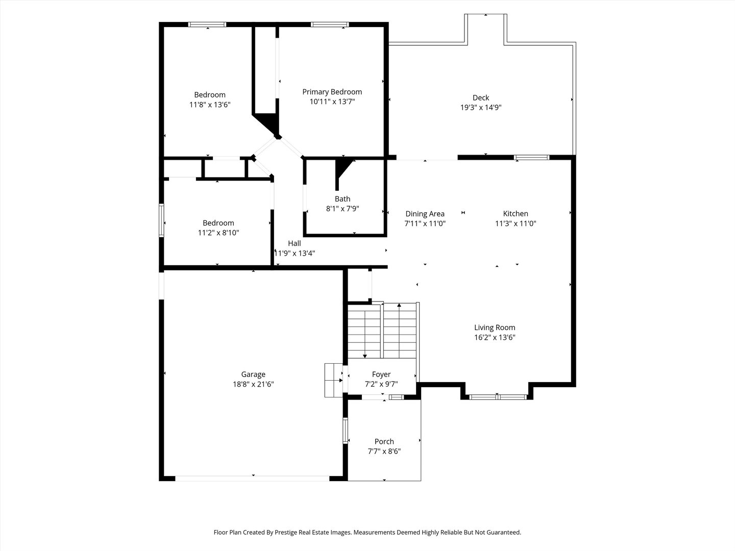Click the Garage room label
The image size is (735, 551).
coord(253,374)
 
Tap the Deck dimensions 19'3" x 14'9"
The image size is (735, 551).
coord(481,107)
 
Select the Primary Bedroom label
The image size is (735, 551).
coord(332,92)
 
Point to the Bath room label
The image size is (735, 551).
coord(342,199)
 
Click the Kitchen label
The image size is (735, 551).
coord(516,214)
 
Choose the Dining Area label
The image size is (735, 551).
coord(425,214)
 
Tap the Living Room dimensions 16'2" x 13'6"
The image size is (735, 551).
coord(495,337)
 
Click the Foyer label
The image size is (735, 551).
coord(381,374)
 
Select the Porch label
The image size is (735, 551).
coord(384,442)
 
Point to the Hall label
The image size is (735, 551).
coord(295,243)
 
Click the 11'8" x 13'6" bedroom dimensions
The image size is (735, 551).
coord(210,105)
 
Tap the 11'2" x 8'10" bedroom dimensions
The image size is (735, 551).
coord(218,233)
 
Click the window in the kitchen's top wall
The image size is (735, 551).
coord(531,158)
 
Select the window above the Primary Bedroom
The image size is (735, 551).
coord(330,24)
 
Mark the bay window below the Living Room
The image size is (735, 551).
coord(498,397)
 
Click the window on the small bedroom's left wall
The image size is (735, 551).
coord(161,220)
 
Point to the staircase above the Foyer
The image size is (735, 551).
coord(382,331)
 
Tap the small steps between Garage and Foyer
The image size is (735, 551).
coord(333,381)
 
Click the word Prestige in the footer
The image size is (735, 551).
coord(286,532)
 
